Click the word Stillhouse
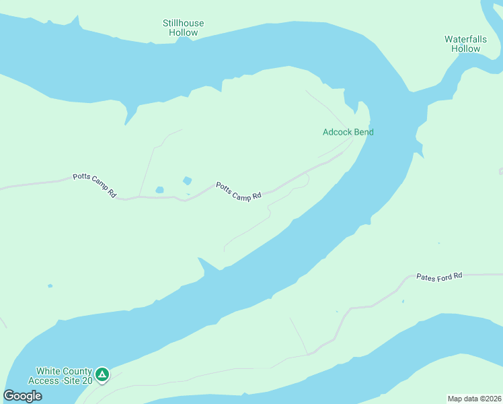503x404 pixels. pos(183,24)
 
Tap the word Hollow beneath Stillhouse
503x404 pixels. pos(183,33)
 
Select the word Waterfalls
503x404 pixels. pos(465,40)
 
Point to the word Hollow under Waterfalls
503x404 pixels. pos(465,49)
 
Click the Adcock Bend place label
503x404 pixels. pos(348,132)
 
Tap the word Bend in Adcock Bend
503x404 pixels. pos(363,132)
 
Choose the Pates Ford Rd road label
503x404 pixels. pos(440,276)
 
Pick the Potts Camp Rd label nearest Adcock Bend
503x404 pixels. pos(238,191)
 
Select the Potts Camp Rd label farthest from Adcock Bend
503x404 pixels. pos(94,186)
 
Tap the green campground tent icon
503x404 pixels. pos(102,374)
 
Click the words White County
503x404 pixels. pos(63,371)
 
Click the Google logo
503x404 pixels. pos(22,396)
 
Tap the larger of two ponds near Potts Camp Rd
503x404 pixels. pos(187,180)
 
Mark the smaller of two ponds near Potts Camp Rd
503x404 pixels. pos(159,190)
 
